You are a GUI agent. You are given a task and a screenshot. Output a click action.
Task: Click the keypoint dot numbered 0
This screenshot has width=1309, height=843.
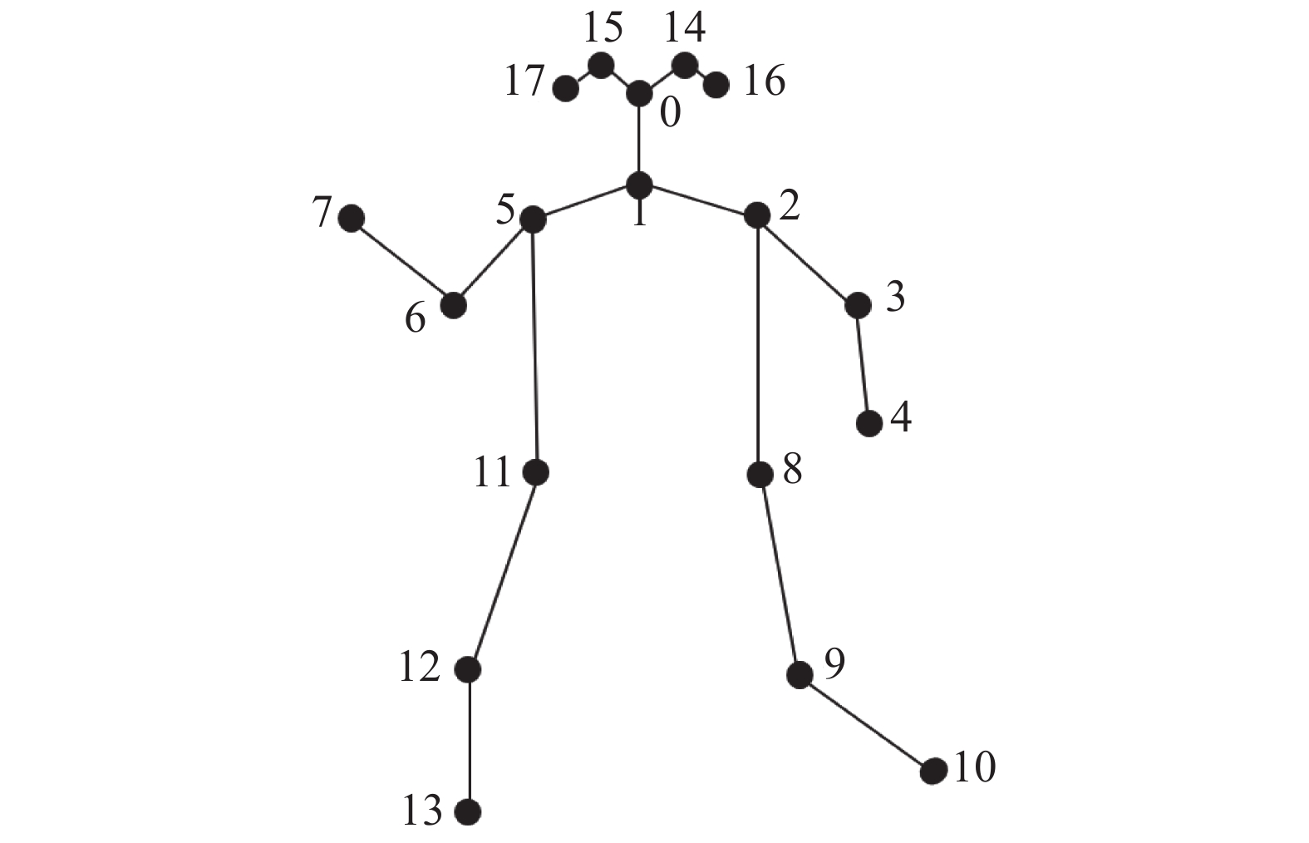point(638,94)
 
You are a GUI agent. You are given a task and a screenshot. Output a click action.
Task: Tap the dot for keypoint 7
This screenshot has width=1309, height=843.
point(352,219)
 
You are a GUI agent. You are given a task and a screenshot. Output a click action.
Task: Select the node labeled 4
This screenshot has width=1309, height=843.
point(869,423)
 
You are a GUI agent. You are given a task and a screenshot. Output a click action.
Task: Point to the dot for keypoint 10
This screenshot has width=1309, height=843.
point(933,772)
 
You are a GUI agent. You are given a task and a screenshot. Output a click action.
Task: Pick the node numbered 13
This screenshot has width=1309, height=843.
point(469,811)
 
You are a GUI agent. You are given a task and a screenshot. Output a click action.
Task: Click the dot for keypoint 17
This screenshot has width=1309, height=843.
point(566,88)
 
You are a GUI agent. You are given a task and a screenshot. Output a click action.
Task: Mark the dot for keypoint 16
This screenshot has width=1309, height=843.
point(716,84)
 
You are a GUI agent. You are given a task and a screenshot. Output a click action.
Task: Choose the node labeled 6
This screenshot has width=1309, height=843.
point(453,305)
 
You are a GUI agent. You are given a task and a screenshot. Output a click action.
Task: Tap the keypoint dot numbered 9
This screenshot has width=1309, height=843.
point(800,675)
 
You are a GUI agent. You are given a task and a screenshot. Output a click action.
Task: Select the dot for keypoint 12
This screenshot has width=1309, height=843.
point(469,668)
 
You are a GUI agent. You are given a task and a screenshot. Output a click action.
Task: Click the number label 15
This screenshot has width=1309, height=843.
point(603,28)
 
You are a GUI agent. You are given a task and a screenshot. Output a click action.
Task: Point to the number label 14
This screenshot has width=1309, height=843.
point(685,28)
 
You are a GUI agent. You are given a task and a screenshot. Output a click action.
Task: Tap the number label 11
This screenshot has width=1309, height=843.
point(492,473)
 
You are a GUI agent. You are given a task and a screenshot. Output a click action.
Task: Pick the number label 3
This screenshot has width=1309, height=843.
point(894,298)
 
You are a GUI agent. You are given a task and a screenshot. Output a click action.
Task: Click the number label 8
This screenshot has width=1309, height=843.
point(792,471)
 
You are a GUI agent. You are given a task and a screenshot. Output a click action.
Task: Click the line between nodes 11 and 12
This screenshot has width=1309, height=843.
point(503,570)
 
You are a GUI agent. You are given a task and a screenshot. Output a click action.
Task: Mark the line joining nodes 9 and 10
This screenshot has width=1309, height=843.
point(866,723)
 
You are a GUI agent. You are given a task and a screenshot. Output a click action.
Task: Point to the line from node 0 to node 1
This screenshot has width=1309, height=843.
point(638,139)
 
